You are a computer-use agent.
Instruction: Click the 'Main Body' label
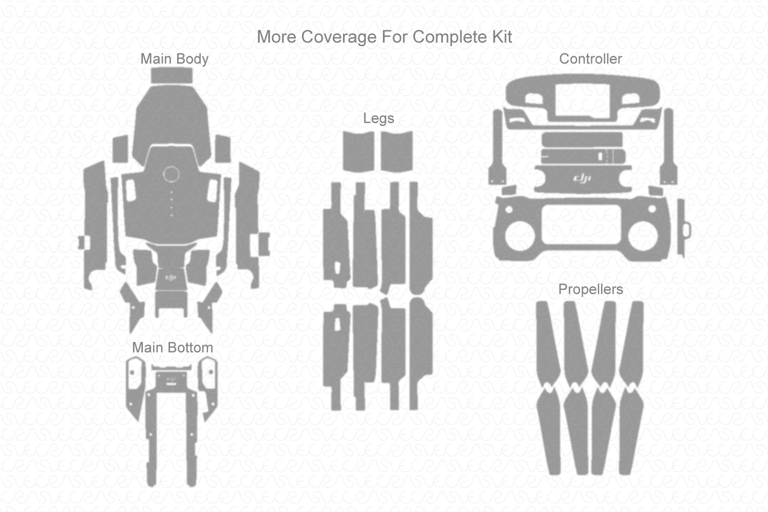click(x=174, y=59)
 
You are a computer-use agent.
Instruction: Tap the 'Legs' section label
click(x=378, y=118)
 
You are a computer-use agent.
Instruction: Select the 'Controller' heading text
click(x=590, y=59)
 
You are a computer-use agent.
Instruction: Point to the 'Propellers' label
click(x=590, y=290)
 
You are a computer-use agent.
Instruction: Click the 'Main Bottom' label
click(x=172, y=348)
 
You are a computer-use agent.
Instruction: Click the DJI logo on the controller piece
click(x=582, y=178)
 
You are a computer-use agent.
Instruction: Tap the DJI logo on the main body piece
click(x=171, y=277)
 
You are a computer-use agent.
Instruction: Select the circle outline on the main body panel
click(x=171, y=175)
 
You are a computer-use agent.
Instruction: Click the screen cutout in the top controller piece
click(x=582, y=100)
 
